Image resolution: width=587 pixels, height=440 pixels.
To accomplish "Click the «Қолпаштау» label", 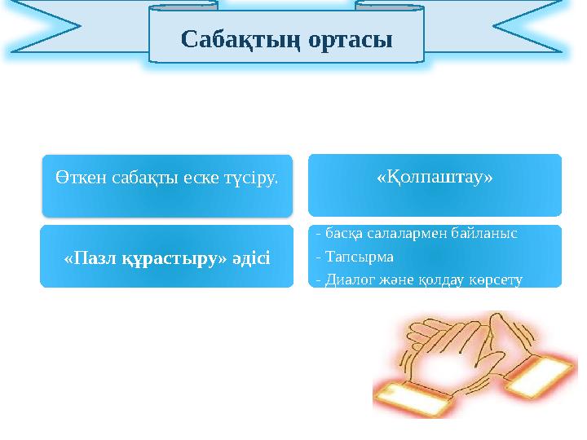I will [435, 177].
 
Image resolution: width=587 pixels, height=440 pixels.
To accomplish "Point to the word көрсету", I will [496, 279].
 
